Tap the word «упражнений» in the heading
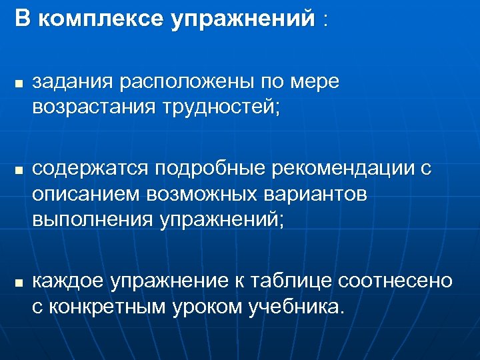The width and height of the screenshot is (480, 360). click(x=241, y=19)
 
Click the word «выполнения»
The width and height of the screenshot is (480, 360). click(x=93, y=219)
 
